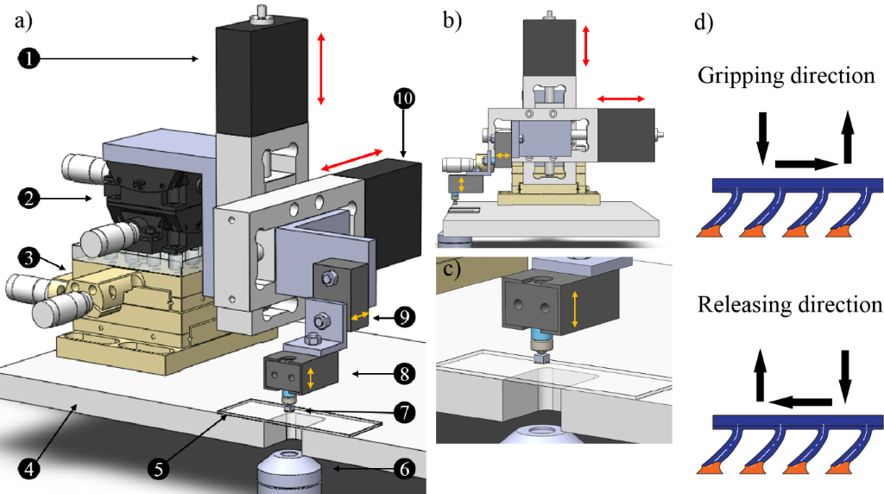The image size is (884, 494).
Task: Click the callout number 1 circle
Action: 28,58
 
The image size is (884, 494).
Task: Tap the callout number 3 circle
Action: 28,257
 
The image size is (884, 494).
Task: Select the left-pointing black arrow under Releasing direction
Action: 801,400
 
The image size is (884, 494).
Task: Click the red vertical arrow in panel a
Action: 322,68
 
